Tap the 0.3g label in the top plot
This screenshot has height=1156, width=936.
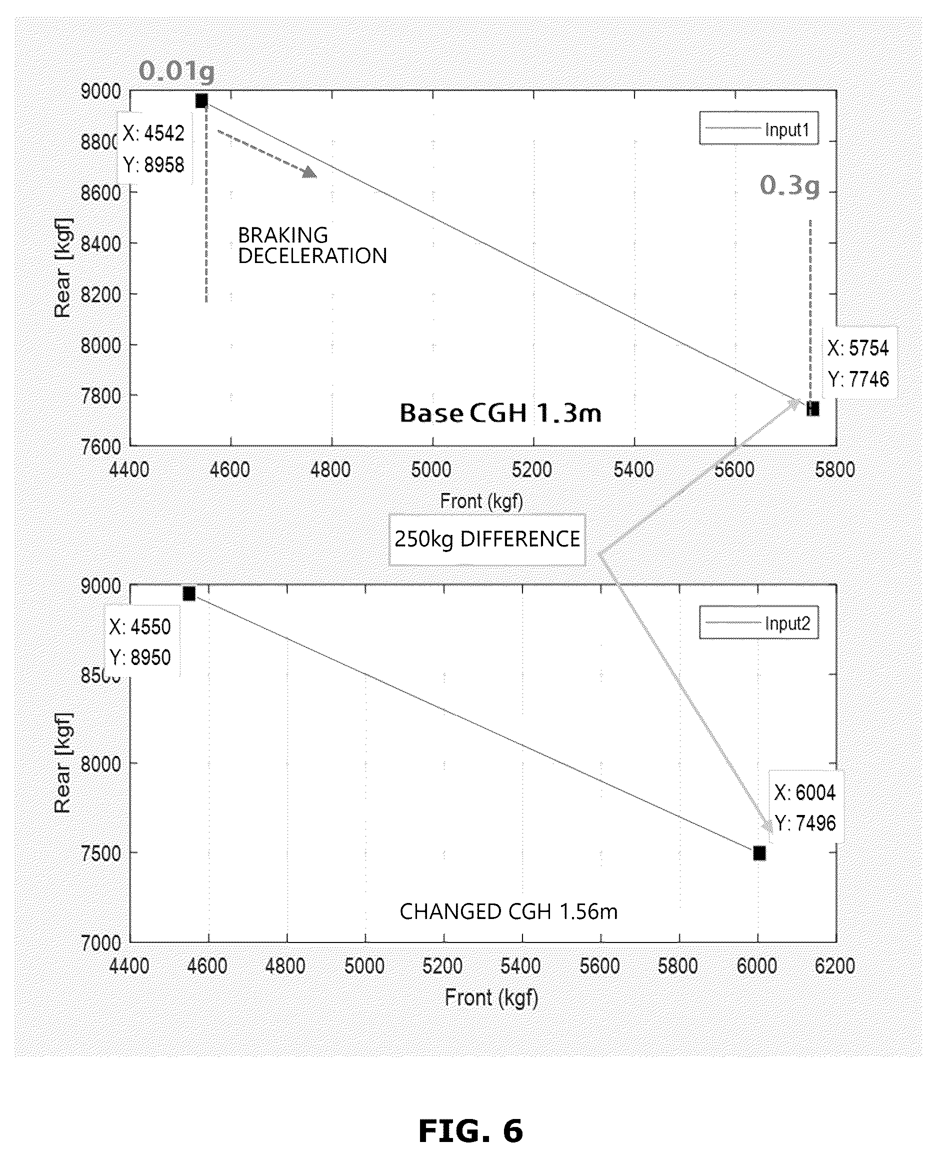pyautogui.click(x=790, y=186)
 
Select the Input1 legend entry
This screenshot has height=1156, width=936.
pyautogui.click(x=758, y=128)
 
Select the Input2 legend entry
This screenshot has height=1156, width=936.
pyautogui.click(x=758, y=623)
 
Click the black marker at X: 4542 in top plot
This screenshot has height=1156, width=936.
pyautogui.click(x=201, y=101)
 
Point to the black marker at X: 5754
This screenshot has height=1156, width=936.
pyautogui.click(x=813, y=408)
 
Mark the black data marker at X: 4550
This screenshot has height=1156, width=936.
pyautogui.click(x=188, y=593)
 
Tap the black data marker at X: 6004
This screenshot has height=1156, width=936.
pyautogui.click(x=759, y=853)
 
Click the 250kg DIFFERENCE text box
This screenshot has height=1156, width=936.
pyautogui.click(x=487, y=539)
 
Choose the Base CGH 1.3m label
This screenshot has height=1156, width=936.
pyautogui.click(x=500, y=413)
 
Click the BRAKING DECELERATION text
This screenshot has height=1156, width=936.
pyautogui.click(x=312, y=246)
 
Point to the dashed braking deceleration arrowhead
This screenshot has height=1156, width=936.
pyautogui.click(x=310, y=172)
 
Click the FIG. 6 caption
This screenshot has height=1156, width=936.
pyautogui.click(x=470, y=1131)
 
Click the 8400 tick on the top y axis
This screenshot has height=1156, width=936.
pyautogui.click(x=101, y=243)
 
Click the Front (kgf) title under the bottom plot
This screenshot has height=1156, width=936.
pyautogui.click(x=491, y=997)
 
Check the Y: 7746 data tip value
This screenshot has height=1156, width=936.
pyautogui.click(x=858, y=379)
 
